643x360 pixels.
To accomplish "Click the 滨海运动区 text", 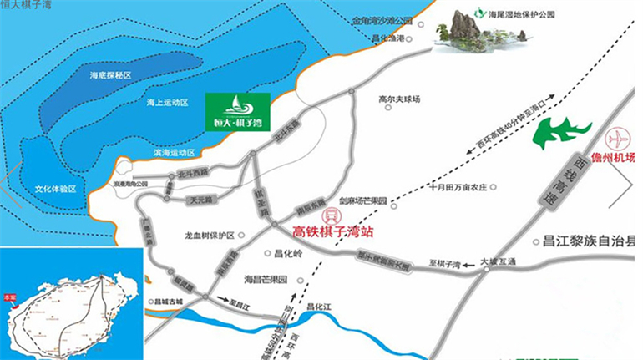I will coord(174,153).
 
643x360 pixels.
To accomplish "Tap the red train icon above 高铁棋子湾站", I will coord(329,213).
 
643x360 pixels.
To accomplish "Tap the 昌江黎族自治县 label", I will coord(585,242).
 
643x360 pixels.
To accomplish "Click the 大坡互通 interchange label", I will coord(499,262).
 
